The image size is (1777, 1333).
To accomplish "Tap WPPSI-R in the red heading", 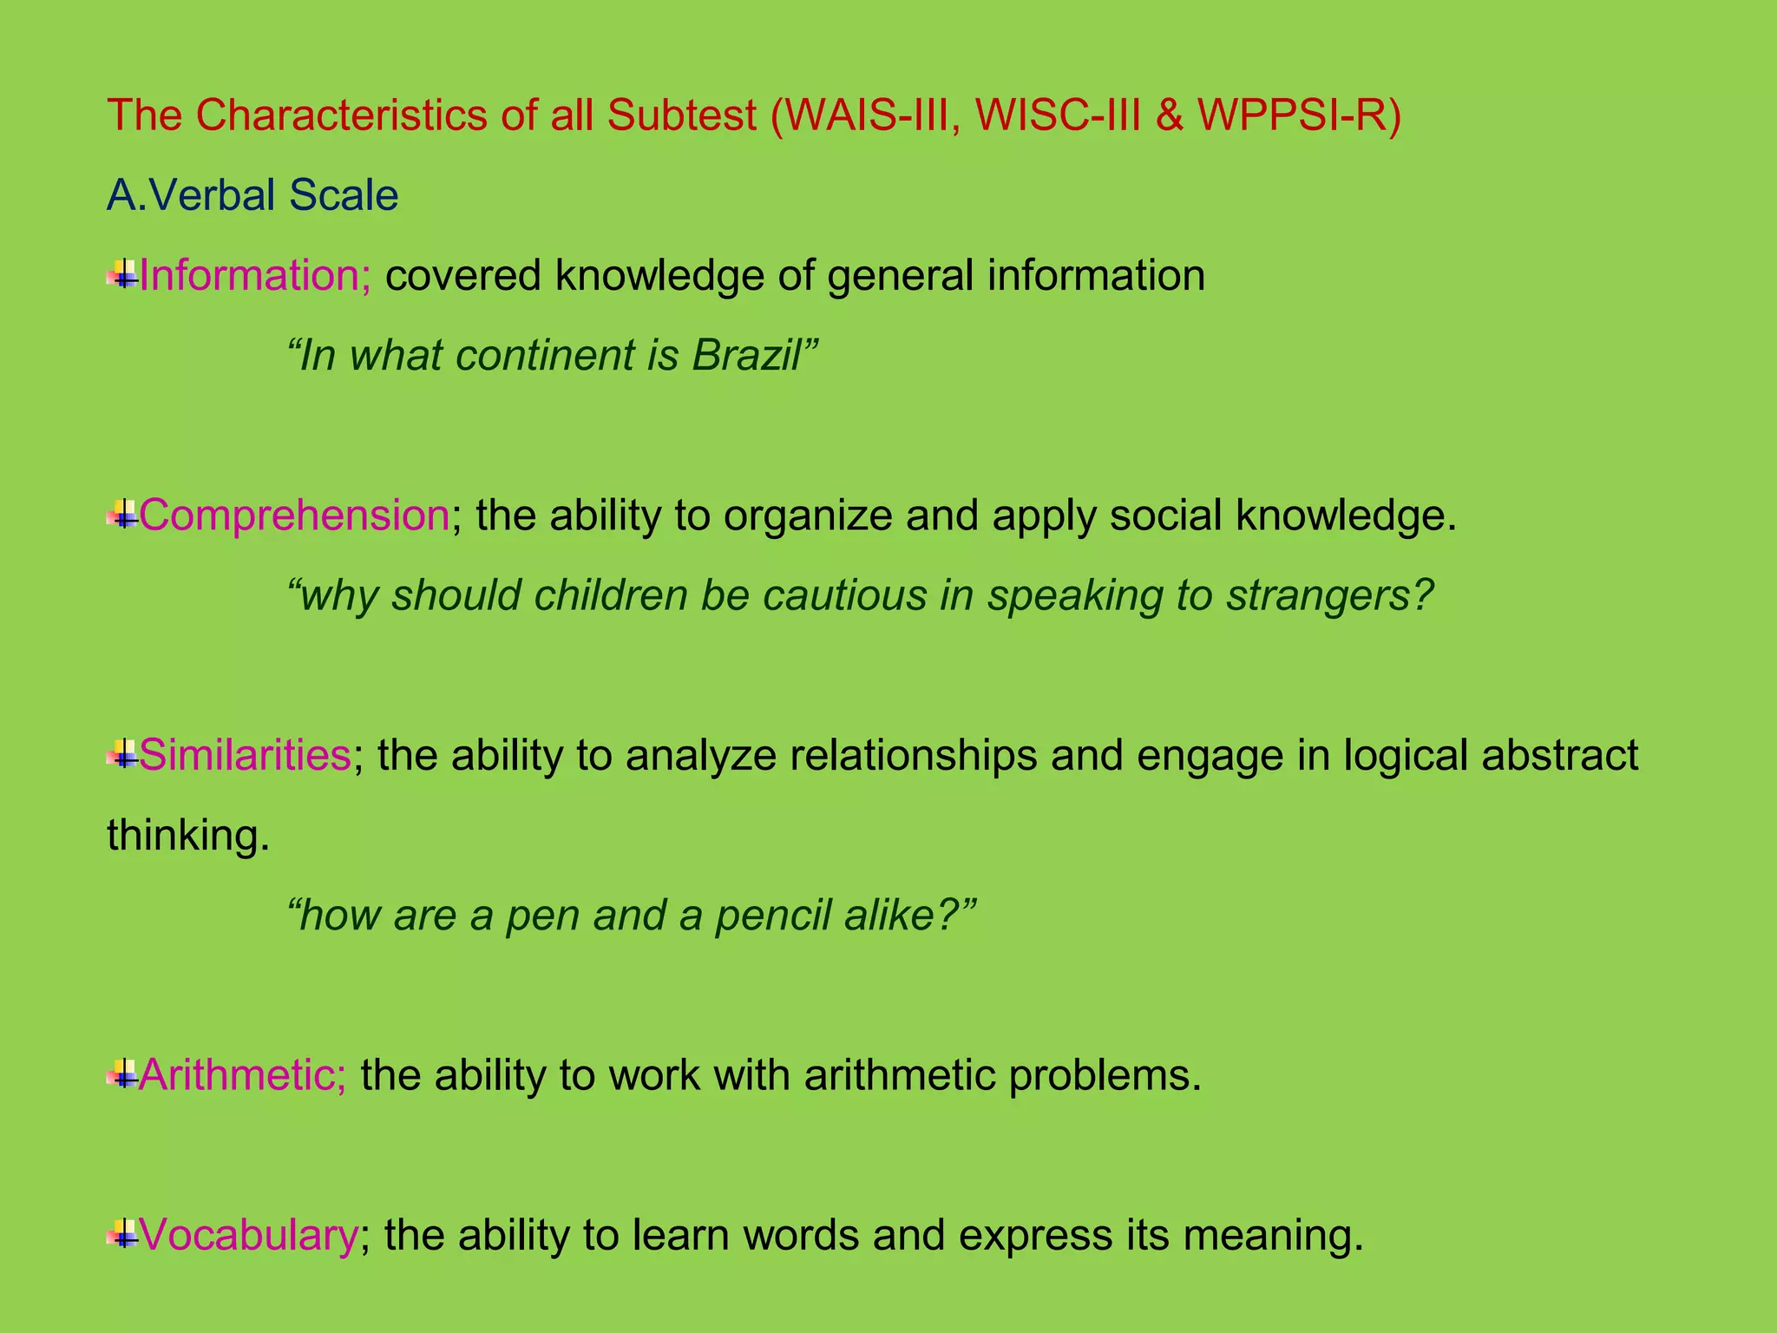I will click(1299, 115).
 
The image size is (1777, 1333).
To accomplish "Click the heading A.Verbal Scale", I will click(252, 195).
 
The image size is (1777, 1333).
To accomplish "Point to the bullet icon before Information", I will click(122, 277).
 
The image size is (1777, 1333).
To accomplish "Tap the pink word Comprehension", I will click(294, 515).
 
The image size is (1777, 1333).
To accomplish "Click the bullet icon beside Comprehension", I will click(122, 516).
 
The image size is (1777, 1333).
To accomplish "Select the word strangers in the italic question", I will click(1328, 596).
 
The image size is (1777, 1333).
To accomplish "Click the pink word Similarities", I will click(245, 755).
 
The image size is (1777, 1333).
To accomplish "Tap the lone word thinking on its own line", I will click(188, 836).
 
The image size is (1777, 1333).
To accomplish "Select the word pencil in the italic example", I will click(772, 916).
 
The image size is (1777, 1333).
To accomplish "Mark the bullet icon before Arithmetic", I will click(122, 1076).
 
